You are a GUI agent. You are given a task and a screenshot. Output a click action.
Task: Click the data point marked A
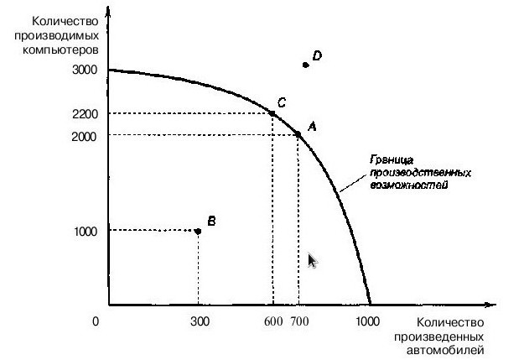(x=298, y=134)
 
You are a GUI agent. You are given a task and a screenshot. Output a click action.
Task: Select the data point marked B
(x=198, y=231)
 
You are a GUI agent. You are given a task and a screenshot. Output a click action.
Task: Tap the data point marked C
(x=272, y=113)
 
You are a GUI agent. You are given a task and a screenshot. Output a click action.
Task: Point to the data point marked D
(x=305, y=64)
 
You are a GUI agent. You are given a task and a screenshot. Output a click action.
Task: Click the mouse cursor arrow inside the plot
(x=313, y=261)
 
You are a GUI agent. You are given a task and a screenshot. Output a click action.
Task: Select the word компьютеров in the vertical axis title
(x=60, y=49)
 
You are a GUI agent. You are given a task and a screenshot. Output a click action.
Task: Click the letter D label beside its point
(x=318, y=56)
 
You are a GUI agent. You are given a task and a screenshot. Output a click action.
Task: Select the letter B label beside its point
(x=211, y=221)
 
